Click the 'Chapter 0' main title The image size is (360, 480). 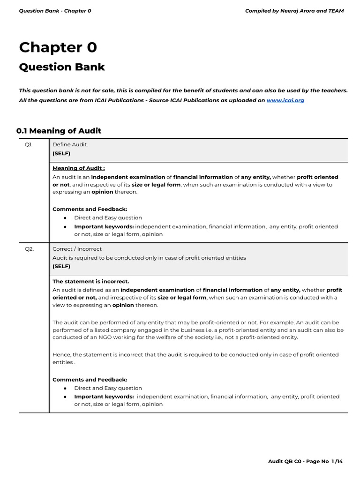[x=58, y=47]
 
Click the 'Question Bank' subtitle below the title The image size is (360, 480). [x=62, y=67]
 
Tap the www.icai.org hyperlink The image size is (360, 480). [x=285, y=100]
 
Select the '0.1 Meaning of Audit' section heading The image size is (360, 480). [x=59, y=131]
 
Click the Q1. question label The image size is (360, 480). [x=29, y=144]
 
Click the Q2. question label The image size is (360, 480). [x=29, y=249]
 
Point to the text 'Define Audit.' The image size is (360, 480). [x=70, y=144]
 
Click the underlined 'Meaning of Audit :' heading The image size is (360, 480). [x=79, y=168]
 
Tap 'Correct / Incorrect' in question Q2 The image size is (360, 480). [x=77, y=249]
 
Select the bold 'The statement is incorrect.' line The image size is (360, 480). [x=90, y=281]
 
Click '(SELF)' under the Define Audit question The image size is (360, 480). [x=61, y=153]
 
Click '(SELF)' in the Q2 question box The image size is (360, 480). [x=61, y=266]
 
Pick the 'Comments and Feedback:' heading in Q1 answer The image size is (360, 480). [x=90, y=209]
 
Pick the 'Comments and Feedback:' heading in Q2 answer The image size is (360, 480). [x=90, y=379]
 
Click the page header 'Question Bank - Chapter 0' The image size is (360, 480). [x=55, y=11]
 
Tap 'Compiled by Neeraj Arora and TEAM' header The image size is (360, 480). [x=294, y=11]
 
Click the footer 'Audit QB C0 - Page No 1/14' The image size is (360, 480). [x=305, y=462]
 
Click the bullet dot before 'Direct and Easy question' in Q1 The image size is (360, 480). [x=65, y=218]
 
